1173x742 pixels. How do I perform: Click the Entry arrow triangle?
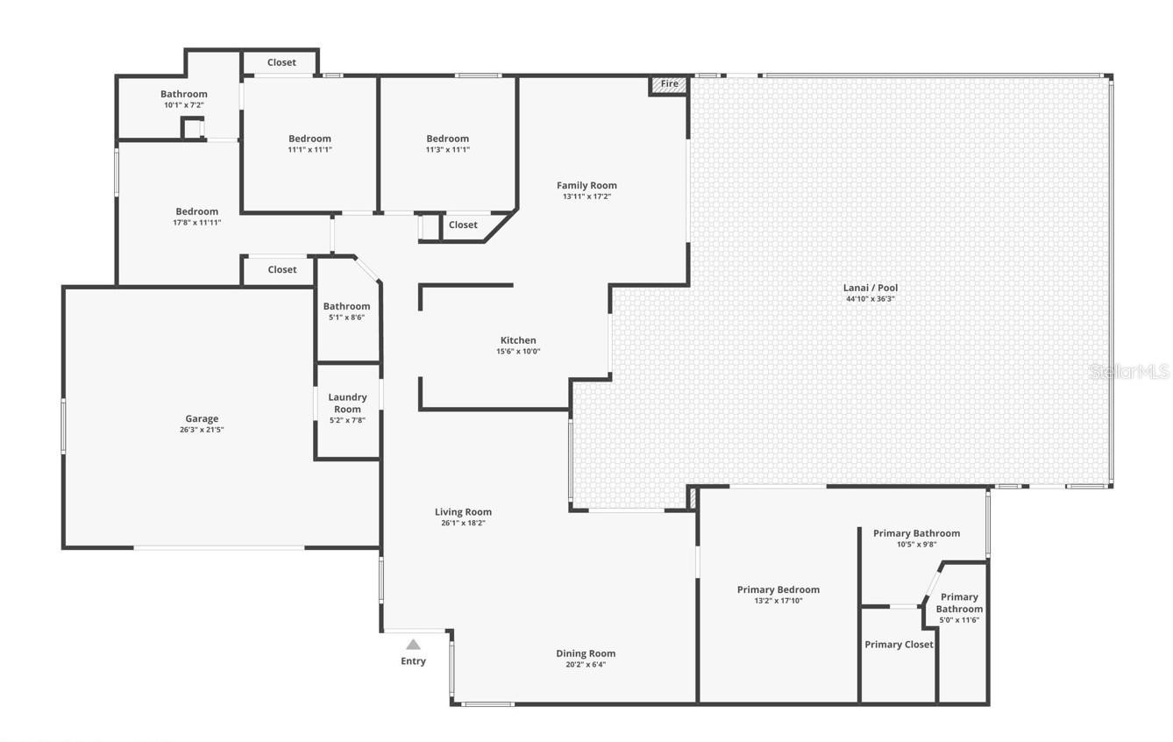(x=413, y=645)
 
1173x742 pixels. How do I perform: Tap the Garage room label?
(x=202, y=418)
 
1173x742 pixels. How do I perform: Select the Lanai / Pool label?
(x=871, y=288)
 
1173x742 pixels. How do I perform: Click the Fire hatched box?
(x=669, y=85)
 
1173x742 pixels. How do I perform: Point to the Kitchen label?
(x=518, y=340)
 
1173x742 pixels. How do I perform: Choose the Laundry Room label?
(x=347, y=403)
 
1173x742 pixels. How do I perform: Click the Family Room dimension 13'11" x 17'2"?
(x=587, y=196)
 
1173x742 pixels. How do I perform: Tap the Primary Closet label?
(x=899, y=645)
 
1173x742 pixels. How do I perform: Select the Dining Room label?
(x=586, y=653)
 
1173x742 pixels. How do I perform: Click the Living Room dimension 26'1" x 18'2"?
(x=463, y=523)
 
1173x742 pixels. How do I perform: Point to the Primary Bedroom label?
(x=778, y=589)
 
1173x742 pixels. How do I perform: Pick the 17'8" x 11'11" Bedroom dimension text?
(x=197, y=223)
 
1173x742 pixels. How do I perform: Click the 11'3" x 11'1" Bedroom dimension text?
(x=447, y=150)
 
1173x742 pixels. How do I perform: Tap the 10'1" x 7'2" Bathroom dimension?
(x=184, y=105)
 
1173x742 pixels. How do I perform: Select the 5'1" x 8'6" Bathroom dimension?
(x=346, y=317)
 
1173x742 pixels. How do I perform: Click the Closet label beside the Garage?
(x=282, y=269)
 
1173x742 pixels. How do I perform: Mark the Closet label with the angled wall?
(x=463, y=225)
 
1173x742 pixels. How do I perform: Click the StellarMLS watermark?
(x=1129, y=372)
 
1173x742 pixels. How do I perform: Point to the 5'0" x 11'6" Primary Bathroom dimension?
(x=959, y=620)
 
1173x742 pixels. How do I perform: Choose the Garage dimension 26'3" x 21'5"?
(x=202, y=431)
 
